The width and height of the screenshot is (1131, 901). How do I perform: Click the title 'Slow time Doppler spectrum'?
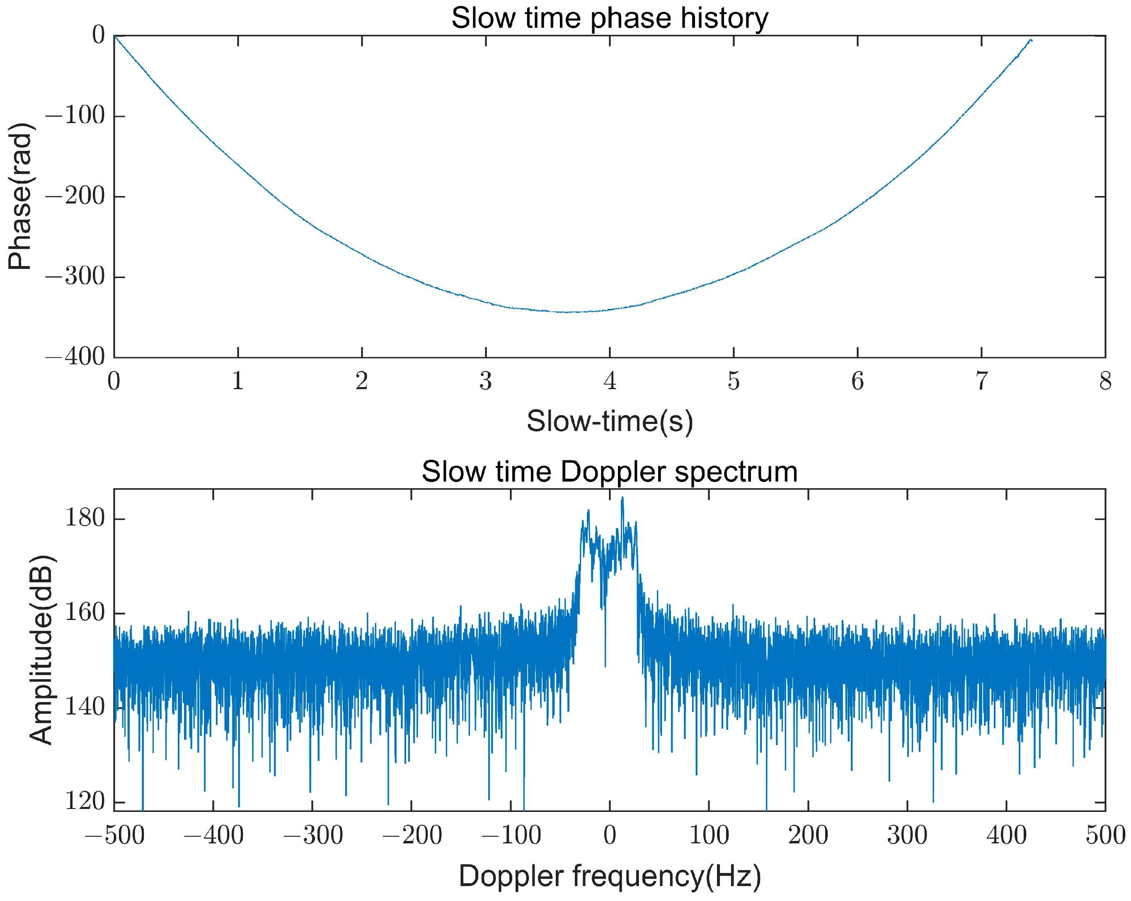point(610,472)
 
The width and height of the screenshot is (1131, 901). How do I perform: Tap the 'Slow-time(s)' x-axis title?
point(610,421)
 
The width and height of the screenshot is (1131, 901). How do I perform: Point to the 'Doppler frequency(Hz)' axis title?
point(610,875)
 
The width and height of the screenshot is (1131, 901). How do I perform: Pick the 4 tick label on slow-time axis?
point(610,381)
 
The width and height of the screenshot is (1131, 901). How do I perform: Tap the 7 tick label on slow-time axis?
point(981,381)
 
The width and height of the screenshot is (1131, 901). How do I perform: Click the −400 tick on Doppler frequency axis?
point(213,835)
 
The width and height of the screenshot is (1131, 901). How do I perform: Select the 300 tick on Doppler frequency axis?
point(907,835)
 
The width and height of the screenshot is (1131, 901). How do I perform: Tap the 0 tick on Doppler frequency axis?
point(610,835)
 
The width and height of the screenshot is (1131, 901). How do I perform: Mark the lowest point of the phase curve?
point(567,312)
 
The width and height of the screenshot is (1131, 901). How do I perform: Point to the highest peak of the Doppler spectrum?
point(622,498)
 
